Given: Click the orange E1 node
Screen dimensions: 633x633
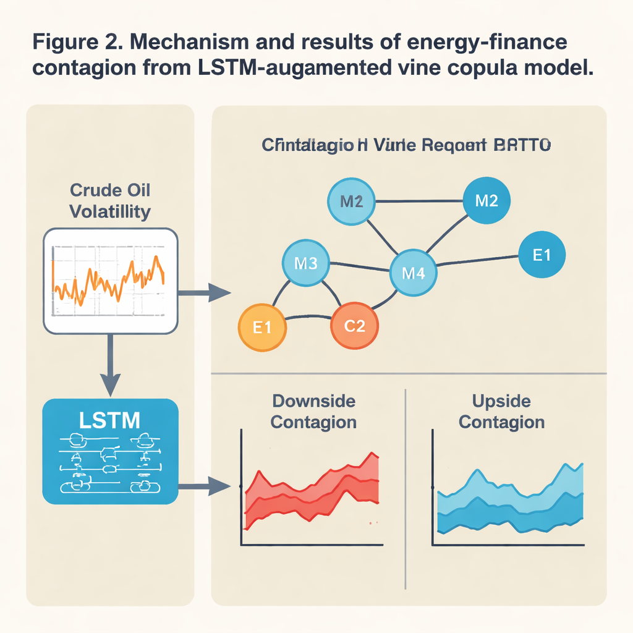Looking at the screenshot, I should (x=263, y=327).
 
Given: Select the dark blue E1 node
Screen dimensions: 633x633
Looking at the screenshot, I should (x=541, y=254).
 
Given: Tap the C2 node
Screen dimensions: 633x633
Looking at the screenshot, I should (x=354, y=326).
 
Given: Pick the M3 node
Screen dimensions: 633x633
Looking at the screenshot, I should (x=305, y=263).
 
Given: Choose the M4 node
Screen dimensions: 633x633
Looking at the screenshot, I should (x=413, y=272).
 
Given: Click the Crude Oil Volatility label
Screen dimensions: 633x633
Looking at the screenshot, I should (x=109, y=200).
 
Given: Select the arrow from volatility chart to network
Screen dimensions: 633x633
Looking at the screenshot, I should (x=204, y=291).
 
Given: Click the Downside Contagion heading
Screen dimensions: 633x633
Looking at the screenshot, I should (x=313, y=411).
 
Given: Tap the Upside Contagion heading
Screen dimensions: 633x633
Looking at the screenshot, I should (x=502, y=411).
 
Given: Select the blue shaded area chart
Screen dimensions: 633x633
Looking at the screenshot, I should (x=510, y=501).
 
